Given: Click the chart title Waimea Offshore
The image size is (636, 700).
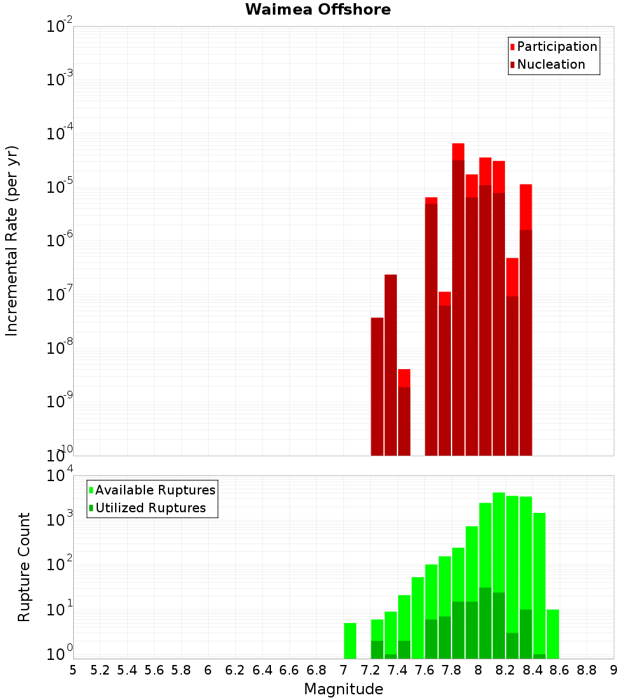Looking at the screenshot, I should [317, 10].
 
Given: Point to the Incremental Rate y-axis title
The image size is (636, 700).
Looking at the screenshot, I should [13, 241].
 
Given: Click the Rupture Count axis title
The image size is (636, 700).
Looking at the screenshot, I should [24, 567].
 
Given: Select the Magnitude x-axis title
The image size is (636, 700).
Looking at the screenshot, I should [343, 689].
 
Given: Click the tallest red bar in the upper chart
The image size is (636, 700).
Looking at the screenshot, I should [458, 299].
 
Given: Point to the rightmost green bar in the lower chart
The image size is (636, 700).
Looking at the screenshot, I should [553, 634].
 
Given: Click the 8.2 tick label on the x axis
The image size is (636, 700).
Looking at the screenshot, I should [506, 670].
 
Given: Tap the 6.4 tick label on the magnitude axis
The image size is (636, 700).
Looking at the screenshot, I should [262, 670].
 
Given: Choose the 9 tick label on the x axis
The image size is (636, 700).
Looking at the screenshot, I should [614, 670].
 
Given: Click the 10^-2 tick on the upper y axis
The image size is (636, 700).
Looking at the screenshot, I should [59, 27].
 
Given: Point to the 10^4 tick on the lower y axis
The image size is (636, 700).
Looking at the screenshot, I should [59, 475].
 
